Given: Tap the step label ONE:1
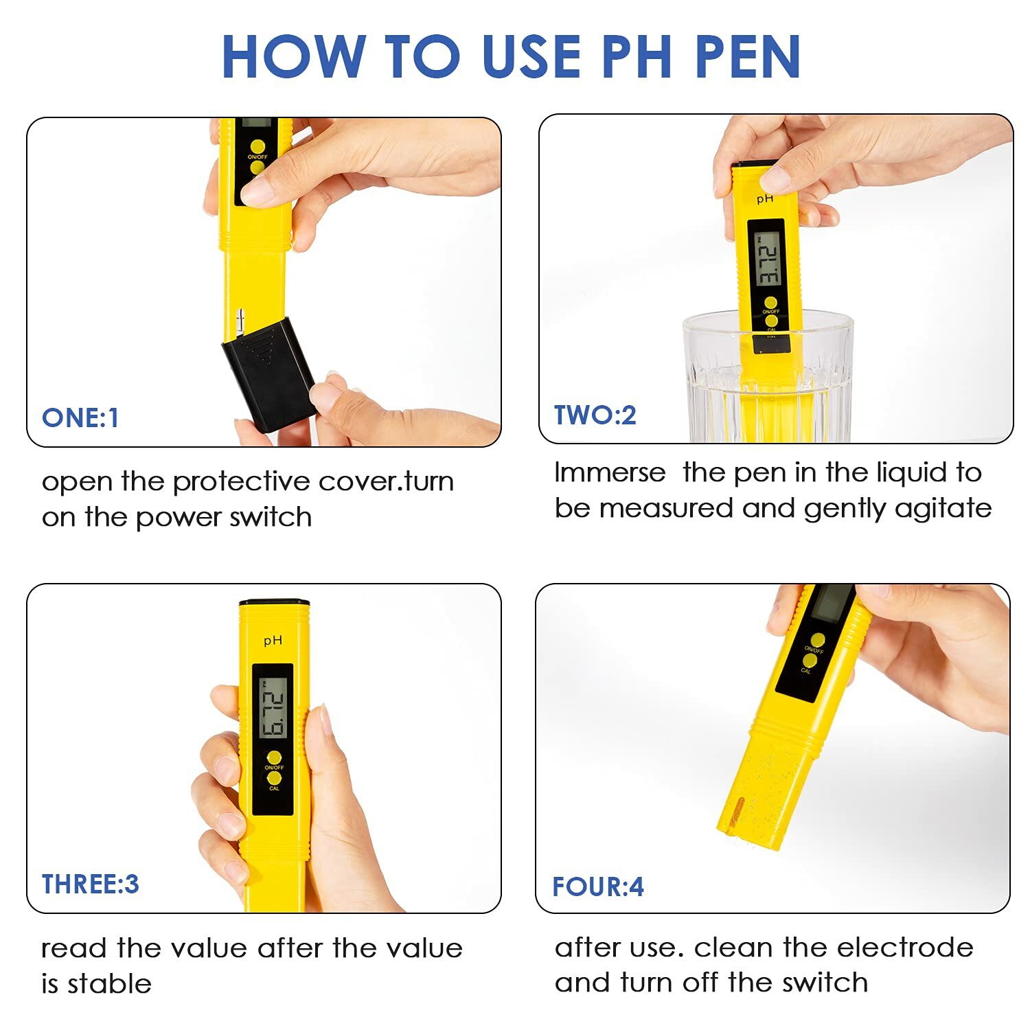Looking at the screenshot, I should [80, 417].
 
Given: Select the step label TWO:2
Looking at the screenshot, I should [595, 415].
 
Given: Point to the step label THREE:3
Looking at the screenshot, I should [90, 884].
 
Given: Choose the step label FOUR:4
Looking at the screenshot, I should [597, 886].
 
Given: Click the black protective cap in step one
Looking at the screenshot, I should [269, 374].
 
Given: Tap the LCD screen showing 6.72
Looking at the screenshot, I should [273, 707].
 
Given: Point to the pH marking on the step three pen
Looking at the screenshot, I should [273, 641].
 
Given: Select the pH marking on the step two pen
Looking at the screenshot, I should [765, 199].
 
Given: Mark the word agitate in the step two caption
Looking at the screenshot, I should [948, 509].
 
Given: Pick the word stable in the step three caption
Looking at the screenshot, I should [109, 984].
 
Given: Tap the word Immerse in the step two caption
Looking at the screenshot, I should [610, 472].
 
